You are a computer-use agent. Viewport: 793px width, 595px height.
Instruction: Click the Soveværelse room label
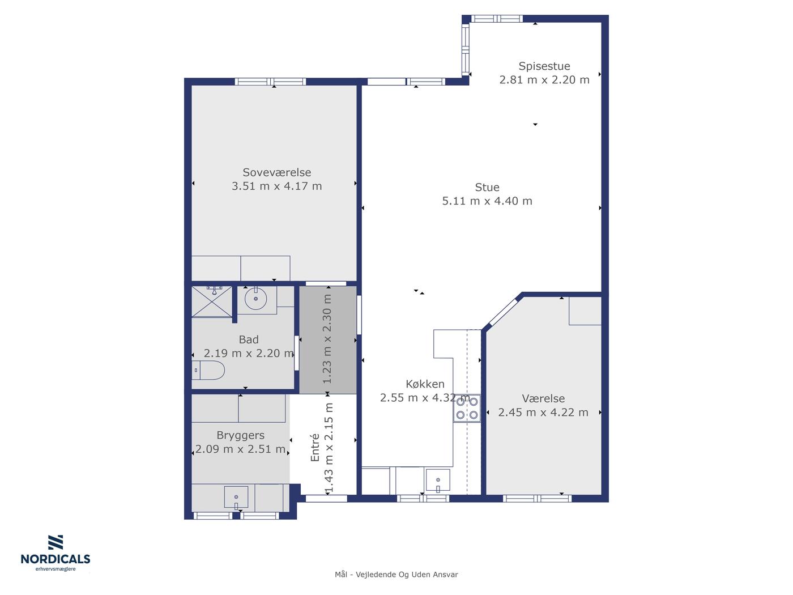(x=277, y=172)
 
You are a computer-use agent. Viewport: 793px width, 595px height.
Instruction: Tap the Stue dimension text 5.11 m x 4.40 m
(x=487, y=201)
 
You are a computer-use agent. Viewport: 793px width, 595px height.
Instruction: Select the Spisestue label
(x=544, y=66)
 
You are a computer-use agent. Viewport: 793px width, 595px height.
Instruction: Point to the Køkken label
(x=425, y=384)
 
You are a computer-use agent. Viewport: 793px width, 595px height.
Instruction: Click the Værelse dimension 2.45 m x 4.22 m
(x=543, y=412)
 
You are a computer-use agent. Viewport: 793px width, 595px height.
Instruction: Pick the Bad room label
(x=249, y=339)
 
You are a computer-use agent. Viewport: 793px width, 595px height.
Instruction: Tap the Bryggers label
(x=241, y=436)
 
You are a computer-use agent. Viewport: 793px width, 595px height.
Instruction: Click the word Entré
(x=315, y=447)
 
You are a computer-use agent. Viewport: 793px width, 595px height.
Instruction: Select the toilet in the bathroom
(x=208, y=370)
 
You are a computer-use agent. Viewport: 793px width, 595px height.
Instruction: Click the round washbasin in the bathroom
(x=256, y=299)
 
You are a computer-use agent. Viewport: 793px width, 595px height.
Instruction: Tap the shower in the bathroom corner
(x=212, y=301)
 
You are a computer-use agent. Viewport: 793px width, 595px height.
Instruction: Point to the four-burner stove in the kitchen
(x=467, y=408)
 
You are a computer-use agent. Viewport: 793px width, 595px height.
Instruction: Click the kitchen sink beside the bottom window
(x=438, y=480)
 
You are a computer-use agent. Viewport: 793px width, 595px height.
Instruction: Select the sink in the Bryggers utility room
(x=236, y=497)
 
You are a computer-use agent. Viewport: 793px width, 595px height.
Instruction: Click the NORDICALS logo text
(x=56, y=559)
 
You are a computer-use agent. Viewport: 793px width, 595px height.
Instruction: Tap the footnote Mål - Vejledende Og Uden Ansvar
(x=396, y=575)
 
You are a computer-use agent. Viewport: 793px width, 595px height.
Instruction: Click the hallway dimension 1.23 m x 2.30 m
(x=327, y=339)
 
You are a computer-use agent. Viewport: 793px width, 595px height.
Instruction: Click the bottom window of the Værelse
(x=537, y=499)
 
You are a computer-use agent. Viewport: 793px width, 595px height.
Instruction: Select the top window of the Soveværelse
(x=270, y=82)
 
